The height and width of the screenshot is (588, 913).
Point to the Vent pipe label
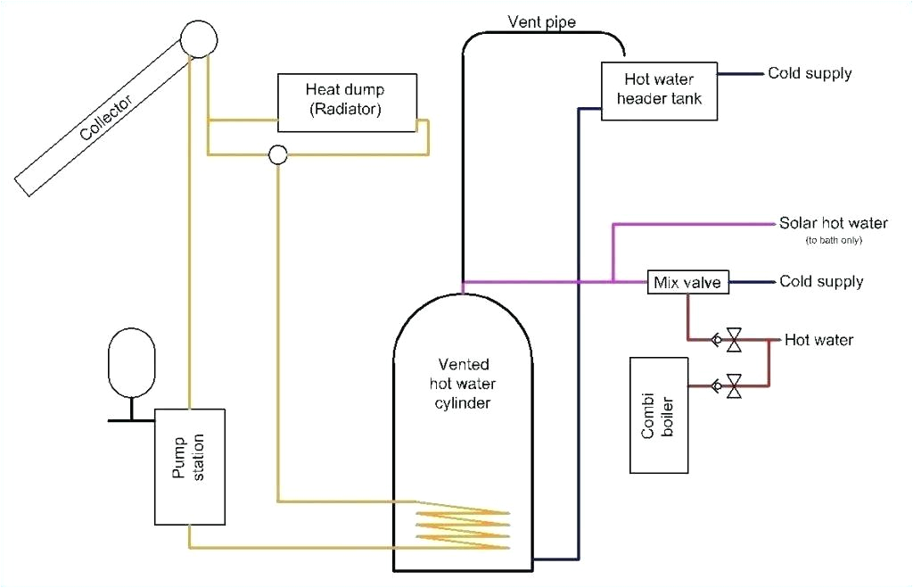[x=541, y=21]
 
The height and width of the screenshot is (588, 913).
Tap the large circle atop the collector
[x=200, y=38]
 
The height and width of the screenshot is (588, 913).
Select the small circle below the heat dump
[x=277, y=155]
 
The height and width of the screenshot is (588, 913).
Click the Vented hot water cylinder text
[x=463, y=384]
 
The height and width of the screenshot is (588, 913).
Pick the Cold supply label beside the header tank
[x=810, y=73]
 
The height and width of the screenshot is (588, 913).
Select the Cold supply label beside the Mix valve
[x=821, y=282]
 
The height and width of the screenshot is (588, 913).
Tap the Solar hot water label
[x=834, y=223]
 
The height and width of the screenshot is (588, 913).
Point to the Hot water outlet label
[x=818, y=340]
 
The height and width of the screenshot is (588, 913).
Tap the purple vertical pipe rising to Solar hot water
[x=613, y=253]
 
